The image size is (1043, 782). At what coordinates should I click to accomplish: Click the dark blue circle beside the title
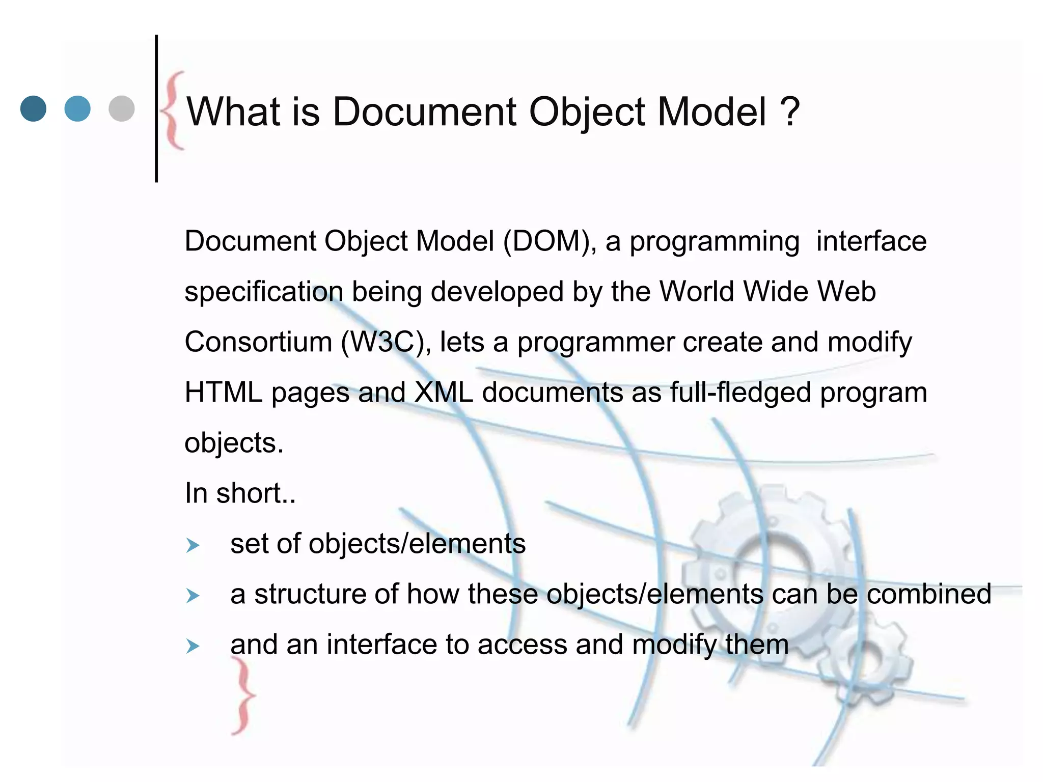[33, 108]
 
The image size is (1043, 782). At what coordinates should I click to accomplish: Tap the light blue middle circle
[77, 108]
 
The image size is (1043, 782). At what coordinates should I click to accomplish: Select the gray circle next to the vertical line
[122, 108]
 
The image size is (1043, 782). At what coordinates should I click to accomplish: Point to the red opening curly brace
[173, 110]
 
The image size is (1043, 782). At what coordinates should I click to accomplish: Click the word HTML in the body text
[224, 393]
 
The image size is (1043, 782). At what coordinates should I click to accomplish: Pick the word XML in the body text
[444, 393]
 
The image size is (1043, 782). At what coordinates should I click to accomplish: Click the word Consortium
[258, 342]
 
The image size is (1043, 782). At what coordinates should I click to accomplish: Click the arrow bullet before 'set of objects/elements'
[193, 546]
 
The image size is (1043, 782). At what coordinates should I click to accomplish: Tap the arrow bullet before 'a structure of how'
[193, 596]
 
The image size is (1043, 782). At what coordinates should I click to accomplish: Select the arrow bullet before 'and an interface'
[193, 647]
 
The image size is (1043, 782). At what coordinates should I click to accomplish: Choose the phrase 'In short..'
[240, 493]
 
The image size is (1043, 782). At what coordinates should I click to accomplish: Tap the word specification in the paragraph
[264, 292]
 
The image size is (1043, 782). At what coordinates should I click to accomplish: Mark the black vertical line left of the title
[156, 108]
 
